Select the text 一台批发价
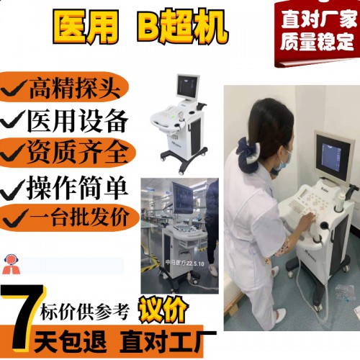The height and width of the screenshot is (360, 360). click(x=78, y=217)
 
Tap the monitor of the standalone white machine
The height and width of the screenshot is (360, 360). click(x=190, y=89)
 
